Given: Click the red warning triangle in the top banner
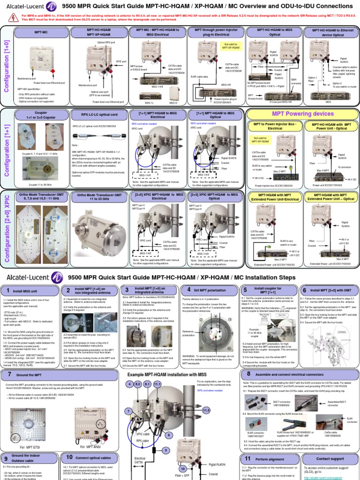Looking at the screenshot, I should [12, 18].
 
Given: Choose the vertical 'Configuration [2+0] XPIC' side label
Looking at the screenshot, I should [7, 227].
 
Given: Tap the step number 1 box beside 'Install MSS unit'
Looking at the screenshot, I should [7, 291].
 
